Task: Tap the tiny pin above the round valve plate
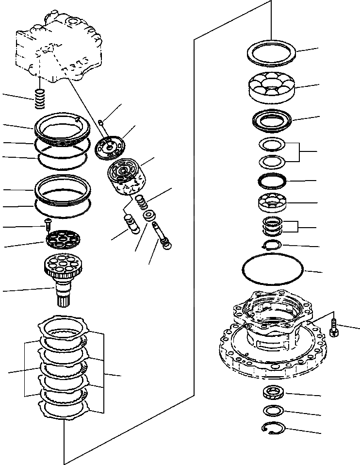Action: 101,122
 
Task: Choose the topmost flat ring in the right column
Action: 271,51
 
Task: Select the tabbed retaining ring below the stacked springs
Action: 272,245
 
